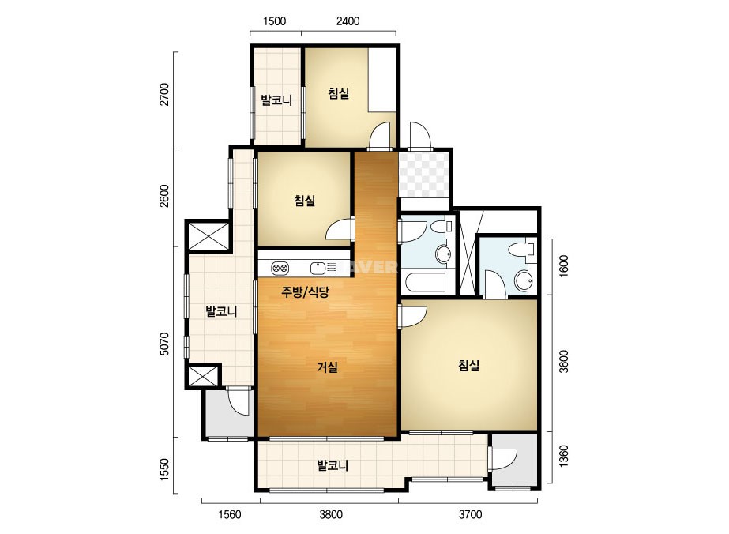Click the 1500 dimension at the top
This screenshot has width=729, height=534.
tap(274, 21)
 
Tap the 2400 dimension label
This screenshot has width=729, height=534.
tap(348, 21)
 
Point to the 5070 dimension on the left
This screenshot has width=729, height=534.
tap(164, 344)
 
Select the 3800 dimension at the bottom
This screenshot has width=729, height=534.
tap(331, 514)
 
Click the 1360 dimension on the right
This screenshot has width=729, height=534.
tap(563, 457)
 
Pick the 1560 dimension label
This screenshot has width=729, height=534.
tap(230, 514)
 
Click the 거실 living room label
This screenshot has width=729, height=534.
tap(327, 367)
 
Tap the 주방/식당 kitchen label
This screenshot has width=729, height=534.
tap(305, 292)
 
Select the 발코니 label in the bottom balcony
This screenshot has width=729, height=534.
tap(333, 465)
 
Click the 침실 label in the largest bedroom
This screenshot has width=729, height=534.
tap(468, 366)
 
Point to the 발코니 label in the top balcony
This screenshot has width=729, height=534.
tap(276, 100)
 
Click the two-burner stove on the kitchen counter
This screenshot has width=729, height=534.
tap(280, 268)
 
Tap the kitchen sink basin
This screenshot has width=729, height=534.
tap(318, 269)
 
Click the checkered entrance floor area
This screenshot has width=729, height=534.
tap(423, 175)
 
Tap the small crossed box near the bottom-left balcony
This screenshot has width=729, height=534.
tap(203, 377)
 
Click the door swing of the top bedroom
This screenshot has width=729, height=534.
tap(381, 136)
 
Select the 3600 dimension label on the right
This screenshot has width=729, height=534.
tap(563, 362)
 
